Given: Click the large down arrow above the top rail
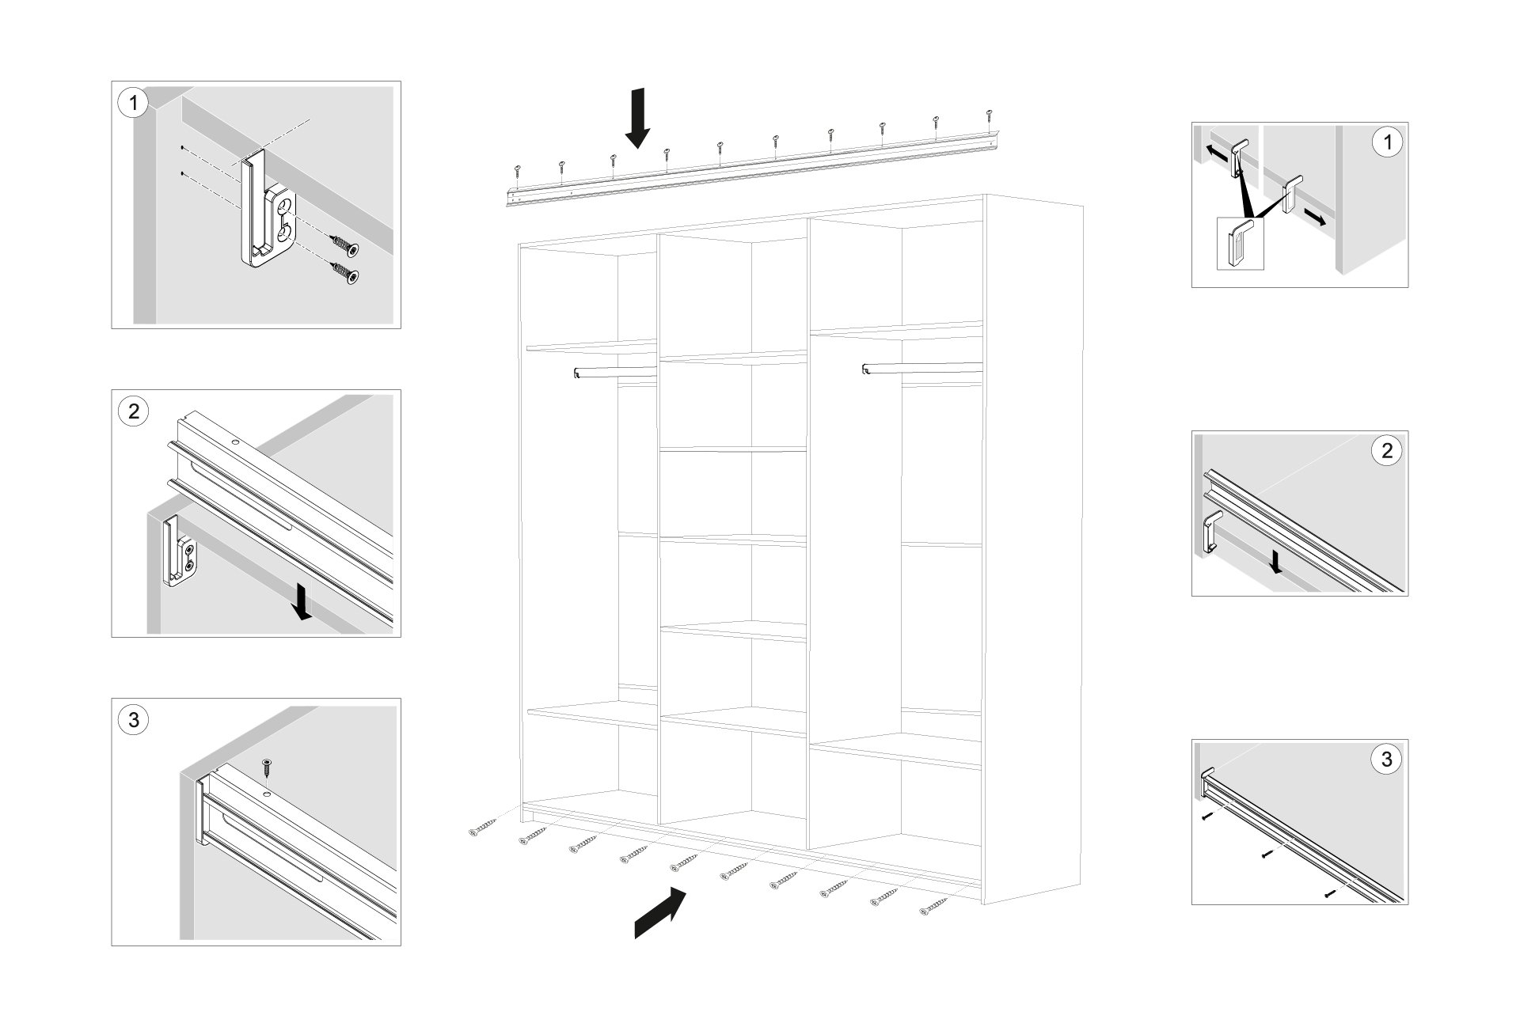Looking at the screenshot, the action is (x=637, y=119).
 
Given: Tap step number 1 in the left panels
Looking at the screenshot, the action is (x=133, y=104).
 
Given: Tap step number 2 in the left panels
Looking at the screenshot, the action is (x=133, y=411).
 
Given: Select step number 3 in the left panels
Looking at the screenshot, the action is (x=133, y=720).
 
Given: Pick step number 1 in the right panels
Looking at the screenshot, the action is (x=1385, y=143).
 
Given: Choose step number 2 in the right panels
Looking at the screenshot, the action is (x=1385, y=451).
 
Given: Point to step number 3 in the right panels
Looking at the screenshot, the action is (x=1385, y=760).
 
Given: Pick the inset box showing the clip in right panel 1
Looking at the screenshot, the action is (x=1240, y=244).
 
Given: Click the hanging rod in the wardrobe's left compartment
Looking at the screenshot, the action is (x=614, y=372).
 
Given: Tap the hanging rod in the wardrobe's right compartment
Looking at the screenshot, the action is (x=922, y=369).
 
